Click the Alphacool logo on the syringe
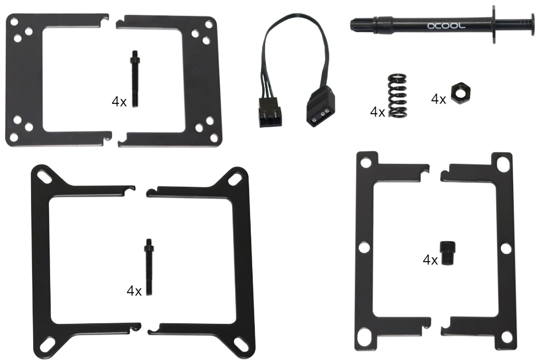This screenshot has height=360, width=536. [446, 26]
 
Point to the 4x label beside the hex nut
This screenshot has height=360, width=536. [439, 99]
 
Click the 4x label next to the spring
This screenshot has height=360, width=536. [377, 112]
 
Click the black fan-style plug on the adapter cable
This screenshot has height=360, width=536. [270, 112]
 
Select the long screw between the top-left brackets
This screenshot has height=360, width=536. [135, 79]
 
